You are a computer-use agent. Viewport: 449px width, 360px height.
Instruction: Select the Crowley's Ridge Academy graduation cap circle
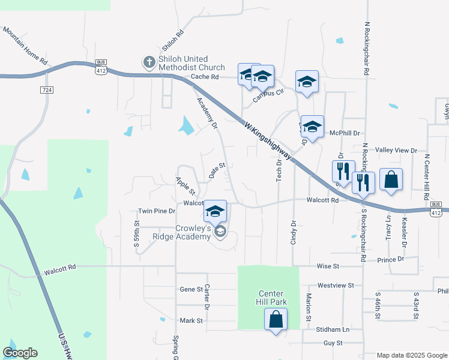(220, 232)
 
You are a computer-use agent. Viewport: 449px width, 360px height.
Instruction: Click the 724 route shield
(46, 90)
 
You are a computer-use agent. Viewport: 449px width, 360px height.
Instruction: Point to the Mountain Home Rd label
(25, 45)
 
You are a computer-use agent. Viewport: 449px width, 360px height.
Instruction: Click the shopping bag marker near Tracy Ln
(391, 179)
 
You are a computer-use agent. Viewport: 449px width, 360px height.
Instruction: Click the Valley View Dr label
(396, 150)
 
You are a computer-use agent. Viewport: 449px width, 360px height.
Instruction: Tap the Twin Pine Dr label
(157, 211)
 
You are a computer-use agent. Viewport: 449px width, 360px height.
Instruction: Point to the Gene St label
(191, 289)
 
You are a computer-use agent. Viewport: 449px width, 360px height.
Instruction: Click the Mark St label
(191, 321)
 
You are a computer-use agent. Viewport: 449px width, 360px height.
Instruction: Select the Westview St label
(336, 286)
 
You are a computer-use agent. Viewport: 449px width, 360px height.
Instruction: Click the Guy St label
(333, 343)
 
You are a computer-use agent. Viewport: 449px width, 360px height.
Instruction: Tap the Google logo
(20, 353)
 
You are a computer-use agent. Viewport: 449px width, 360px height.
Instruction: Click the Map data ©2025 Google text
(412, 355)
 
